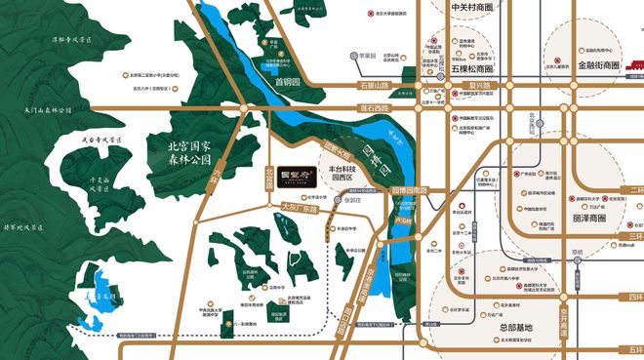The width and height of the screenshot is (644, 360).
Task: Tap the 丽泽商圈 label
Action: pyautogui.click(x=588, y=220)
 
